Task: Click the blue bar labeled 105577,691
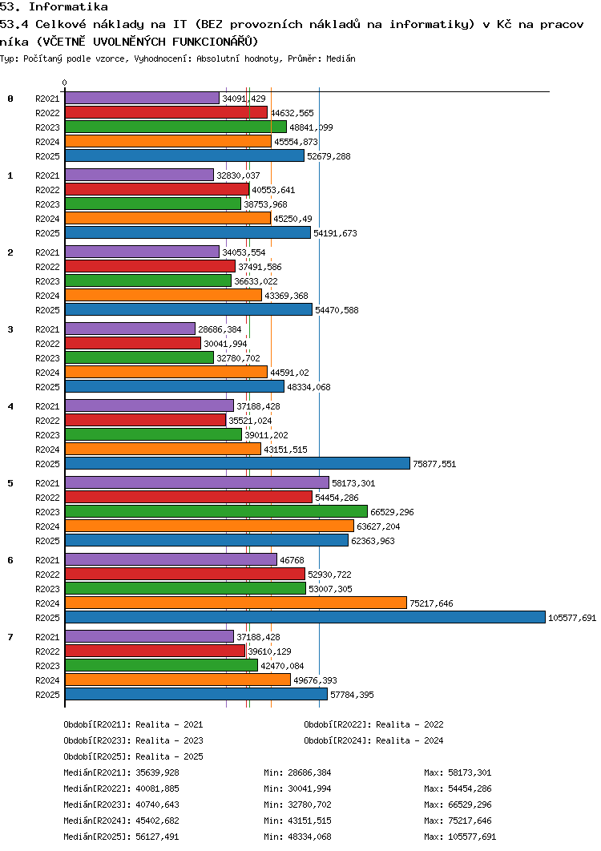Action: click(x=305, y=617)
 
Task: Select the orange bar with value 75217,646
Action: click(x=236, y=603)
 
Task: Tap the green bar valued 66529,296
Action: click(x=216, y=511)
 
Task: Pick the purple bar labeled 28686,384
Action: click(x=130, y=329)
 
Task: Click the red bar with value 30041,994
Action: click(x=133, y=343)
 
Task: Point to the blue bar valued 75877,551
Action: click(x=237, y=463)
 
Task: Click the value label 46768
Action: click(x=292, y=560)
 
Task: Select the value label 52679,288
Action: click(x=329, y=156)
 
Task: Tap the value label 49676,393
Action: click(x=315, y=680)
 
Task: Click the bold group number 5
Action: click(x=10, y=483)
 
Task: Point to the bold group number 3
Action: click(x=10, y=329)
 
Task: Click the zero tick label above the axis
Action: click(x=65, y=83)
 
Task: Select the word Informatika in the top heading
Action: click(x=68, y=7)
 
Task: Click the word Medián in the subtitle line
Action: click(x=341, y=58)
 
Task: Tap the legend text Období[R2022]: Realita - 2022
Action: click(x=373, y=724)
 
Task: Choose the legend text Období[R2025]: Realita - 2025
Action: click(x=134, y=756)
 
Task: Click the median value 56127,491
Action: click(x=157, y=837)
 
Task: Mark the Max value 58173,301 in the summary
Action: click(x=470, y=772)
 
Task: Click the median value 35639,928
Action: click(x=157, y=772)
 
